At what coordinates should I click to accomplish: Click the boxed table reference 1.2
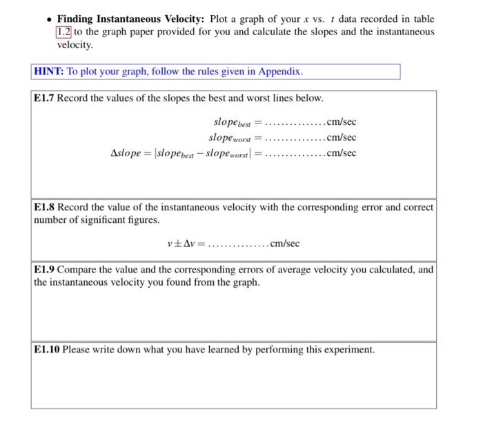[x=64, y=32]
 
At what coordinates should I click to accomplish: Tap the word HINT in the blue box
[x=48, y=72]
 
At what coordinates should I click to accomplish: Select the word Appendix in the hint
[x=279, y=72]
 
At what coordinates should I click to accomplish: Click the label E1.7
[x=44, y=98]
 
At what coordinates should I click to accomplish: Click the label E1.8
[x=44, y=207]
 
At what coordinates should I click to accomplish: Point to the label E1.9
[x=44, y=270]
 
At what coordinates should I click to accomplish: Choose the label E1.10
[x=47, y=350]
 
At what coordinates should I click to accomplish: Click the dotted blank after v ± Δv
[x=238, y=244]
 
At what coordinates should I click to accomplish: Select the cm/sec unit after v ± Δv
[x=284, y=244]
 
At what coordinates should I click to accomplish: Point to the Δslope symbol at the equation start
[x=126, y=153]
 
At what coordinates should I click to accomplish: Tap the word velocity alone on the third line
[x=74, y=44]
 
